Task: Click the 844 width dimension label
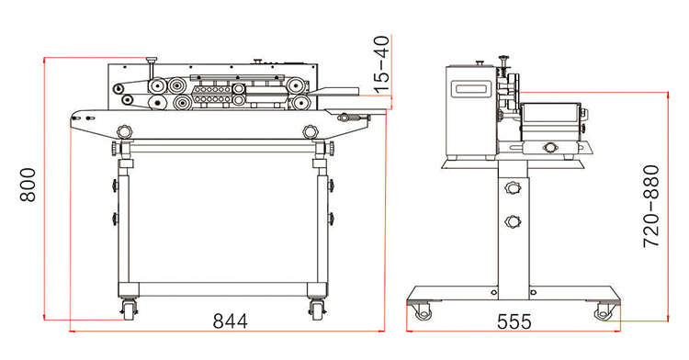(231, 321)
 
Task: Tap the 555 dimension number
(514, 321)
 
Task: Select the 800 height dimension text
(28, 185)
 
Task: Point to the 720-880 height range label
(650, 206)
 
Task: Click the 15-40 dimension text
(383, 64)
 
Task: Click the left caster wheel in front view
(129, 309)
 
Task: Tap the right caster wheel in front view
(316, 309)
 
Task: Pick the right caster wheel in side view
(603, 311)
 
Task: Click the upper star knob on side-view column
(513, 188)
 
